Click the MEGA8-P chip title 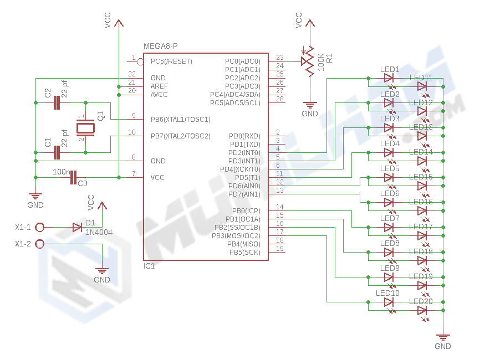click(161, 46)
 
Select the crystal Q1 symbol click(85, 128)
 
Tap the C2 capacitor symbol click(57, 102)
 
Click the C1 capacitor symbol click(57, 152)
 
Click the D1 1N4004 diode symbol click(77, 227)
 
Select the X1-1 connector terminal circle click(40, 227)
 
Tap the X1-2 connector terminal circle click(40, 244)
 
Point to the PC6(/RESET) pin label click(171, 61)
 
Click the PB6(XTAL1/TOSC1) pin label click(181, 119)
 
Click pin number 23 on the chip click(279, 58)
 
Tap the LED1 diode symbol click(389, 79)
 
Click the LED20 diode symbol click(422, 311)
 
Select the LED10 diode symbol click(389, 302)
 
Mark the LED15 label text click(421, 177)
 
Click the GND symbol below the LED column click(443, 337)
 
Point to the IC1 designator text click(149, 266)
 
